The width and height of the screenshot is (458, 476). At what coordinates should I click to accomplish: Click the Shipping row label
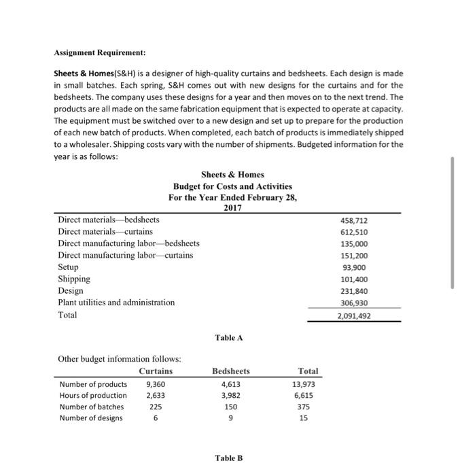coord(74,279)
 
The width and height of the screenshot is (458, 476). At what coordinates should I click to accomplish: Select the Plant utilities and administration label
coord(116,302)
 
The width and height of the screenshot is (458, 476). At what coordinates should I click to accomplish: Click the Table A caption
coord(228,338)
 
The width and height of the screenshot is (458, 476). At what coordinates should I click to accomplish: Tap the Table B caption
coord(228,458)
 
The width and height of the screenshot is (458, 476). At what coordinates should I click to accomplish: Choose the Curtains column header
coord(156,371)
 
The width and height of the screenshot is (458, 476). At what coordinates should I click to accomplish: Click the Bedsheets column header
coord(231,371)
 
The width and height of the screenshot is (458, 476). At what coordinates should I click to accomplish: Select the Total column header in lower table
coord(308,371)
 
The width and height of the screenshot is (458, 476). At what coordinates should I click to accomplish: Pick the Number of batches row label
coord(90,407)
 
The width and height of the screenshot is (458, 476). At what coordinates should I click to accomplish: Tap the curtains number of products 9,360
coord(156,384)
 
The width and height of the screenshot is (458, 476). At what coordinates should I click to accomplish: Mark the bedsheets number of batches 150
coord(231,407)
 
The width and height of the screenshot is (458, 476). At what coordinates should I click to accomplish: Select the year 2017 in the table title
coord(232,208)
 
